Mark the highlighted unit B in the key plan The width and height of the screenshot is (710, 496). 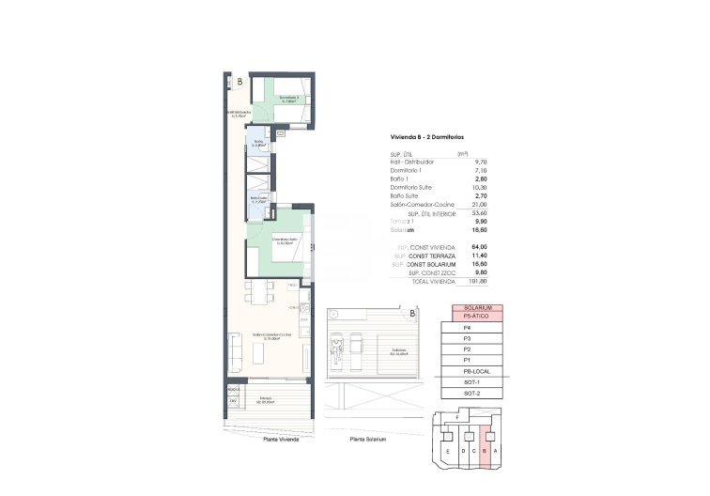485,449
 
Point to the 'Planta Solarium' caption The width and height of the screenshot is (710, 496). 368,438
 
